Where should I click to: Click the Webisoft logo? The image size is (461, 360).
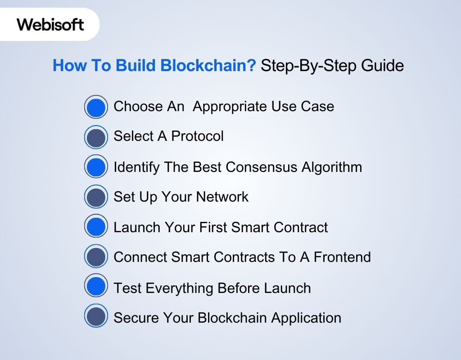[x=50, y=24]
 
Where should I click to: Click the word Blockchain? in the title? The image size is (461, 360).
[x=208, y=65]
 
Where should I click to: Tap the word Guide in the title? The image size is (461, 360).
[x=382, y=65]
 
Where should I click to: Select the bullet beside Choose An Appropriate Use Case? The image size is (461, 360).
[x=96, y=107]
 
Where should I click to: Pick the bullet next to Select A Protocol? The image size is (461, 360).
[x=96, y=137]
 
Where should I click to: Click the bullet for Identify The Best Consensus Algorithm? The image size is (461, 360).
[x=96, y=166]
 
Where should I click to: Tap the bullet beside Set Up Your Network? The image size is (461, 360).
[x=96, y=197]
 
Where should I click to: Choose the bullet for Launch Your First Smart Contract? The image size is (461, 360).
[x=96, y=226]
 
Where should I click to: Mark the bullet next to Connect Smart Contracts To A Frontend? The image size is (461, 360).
[x=96, y=256]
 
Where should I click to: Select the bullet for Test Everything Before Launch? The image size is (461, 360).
[x=96, y=285]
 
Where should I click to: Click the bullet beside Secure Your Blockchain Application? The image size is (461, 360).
[x=96, y=315]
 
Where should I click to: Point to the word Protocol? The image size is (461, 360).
[x=197, y=136]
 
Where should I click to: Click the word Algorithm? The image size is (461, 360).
[x=332, y=167]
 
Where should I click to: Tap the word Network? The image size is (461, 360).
[x=222, y=197]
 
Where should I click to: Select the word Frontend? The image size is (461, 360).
[x=342, y=257]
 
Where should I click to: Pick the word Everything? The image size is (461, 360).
[x=179, y=288]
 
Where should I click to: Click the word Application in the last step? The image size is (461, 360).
[x=306, y=318]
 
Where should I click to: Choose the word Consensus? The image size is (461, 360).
[x=262, y=167]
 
